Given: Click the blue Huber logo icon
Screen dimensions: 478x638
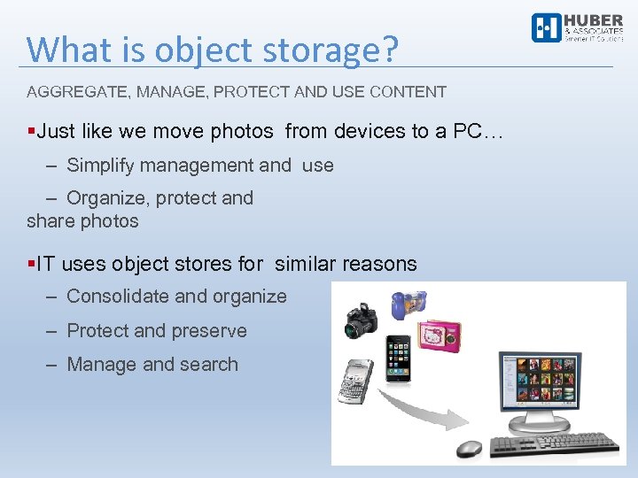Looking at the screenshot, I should click(x=546, y=28).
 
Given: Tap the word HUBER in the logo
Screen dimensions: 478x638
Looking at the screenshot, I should click(x=594, y=21).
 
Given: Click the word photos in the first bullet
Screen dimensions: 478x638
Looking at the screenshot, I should click(x=242, y=132).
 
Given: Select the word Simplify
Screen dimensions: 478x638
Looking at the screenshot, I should click(x=103, y=165).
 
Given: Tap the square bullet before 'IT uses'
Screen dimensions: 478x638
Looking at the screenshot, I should click(x=31, y=264).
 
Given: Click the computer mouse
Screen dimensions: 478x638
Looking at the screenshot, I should click(x=469, y=449).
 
